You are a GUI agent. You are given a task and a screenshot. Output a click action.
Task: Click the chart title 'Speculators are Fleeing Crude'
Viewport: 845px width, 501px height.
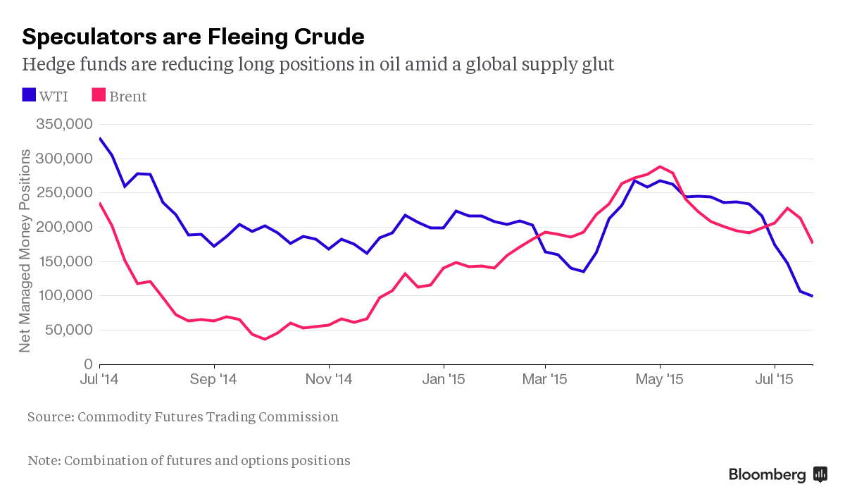[x=193, y=36]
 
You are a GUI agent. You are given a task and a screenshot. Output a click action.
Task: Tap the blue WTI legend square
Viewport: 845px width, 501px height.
[x=29, y=95]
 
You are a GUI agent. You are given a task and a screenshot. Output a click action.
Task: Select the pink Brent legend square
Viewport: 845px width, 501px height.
[x=99, y=95]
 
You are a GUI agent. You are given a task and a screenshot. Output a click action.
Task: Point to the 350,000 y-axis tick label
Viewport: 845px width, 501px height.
[x=63, y=125]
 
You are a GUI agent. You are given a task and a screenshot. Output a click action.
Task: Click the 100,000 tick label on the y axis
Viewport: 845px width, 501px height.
[x=63, y=296]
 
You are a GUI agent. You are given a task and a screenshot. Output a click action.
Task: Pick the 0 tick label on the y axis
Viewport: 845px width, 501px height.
[x=88, y=364]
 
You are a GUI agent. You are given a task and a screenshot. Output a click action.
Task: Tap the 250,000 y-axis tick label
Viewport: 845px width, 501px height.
[x=63, y=193]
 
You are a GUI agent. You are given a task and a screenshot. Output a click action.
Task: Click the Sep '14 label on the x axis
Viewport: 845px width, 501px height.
[x=214, y=379]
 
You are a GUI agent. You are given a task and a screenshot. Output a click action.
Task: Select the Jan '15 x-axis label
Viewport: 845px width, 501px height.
[x=444, y=379]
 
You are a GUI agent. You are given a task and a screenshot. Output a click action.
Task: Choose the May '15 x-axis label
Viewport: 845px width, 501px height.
[x=660, y=379]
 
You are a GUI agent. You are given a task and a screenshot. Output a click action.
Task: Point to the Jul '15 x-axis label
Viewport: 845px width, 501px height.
[x=775, y=379]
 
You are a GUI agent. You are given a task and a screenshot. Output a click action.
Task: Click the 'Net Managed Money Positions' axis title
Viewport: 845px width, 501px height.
[x=25, y=251]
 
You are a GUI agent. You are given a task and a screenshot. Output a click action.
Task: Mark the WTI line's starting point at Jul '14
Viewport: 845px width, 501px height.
[x=100, y=139]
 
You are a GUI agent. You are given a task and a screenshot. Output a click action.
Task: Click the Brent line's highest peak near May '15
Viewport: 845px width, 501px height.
[x=660, y=167]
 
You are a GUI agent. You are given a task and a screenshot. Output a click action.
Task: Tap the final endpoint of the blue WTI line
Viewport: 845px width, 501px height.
[x=813, y=296]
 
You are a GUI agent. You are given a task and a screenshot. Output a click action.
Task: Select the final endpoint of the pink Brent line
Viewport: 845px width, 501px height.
[x=813, y=242]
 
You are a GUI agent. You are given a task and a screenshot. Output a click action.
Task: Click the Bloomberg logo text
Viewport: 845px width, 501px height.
[x=767, y=474]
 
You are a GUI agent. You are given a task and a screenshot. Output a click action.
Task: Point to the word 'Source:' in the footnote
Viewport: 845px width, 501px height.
[x=50, y=416]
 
